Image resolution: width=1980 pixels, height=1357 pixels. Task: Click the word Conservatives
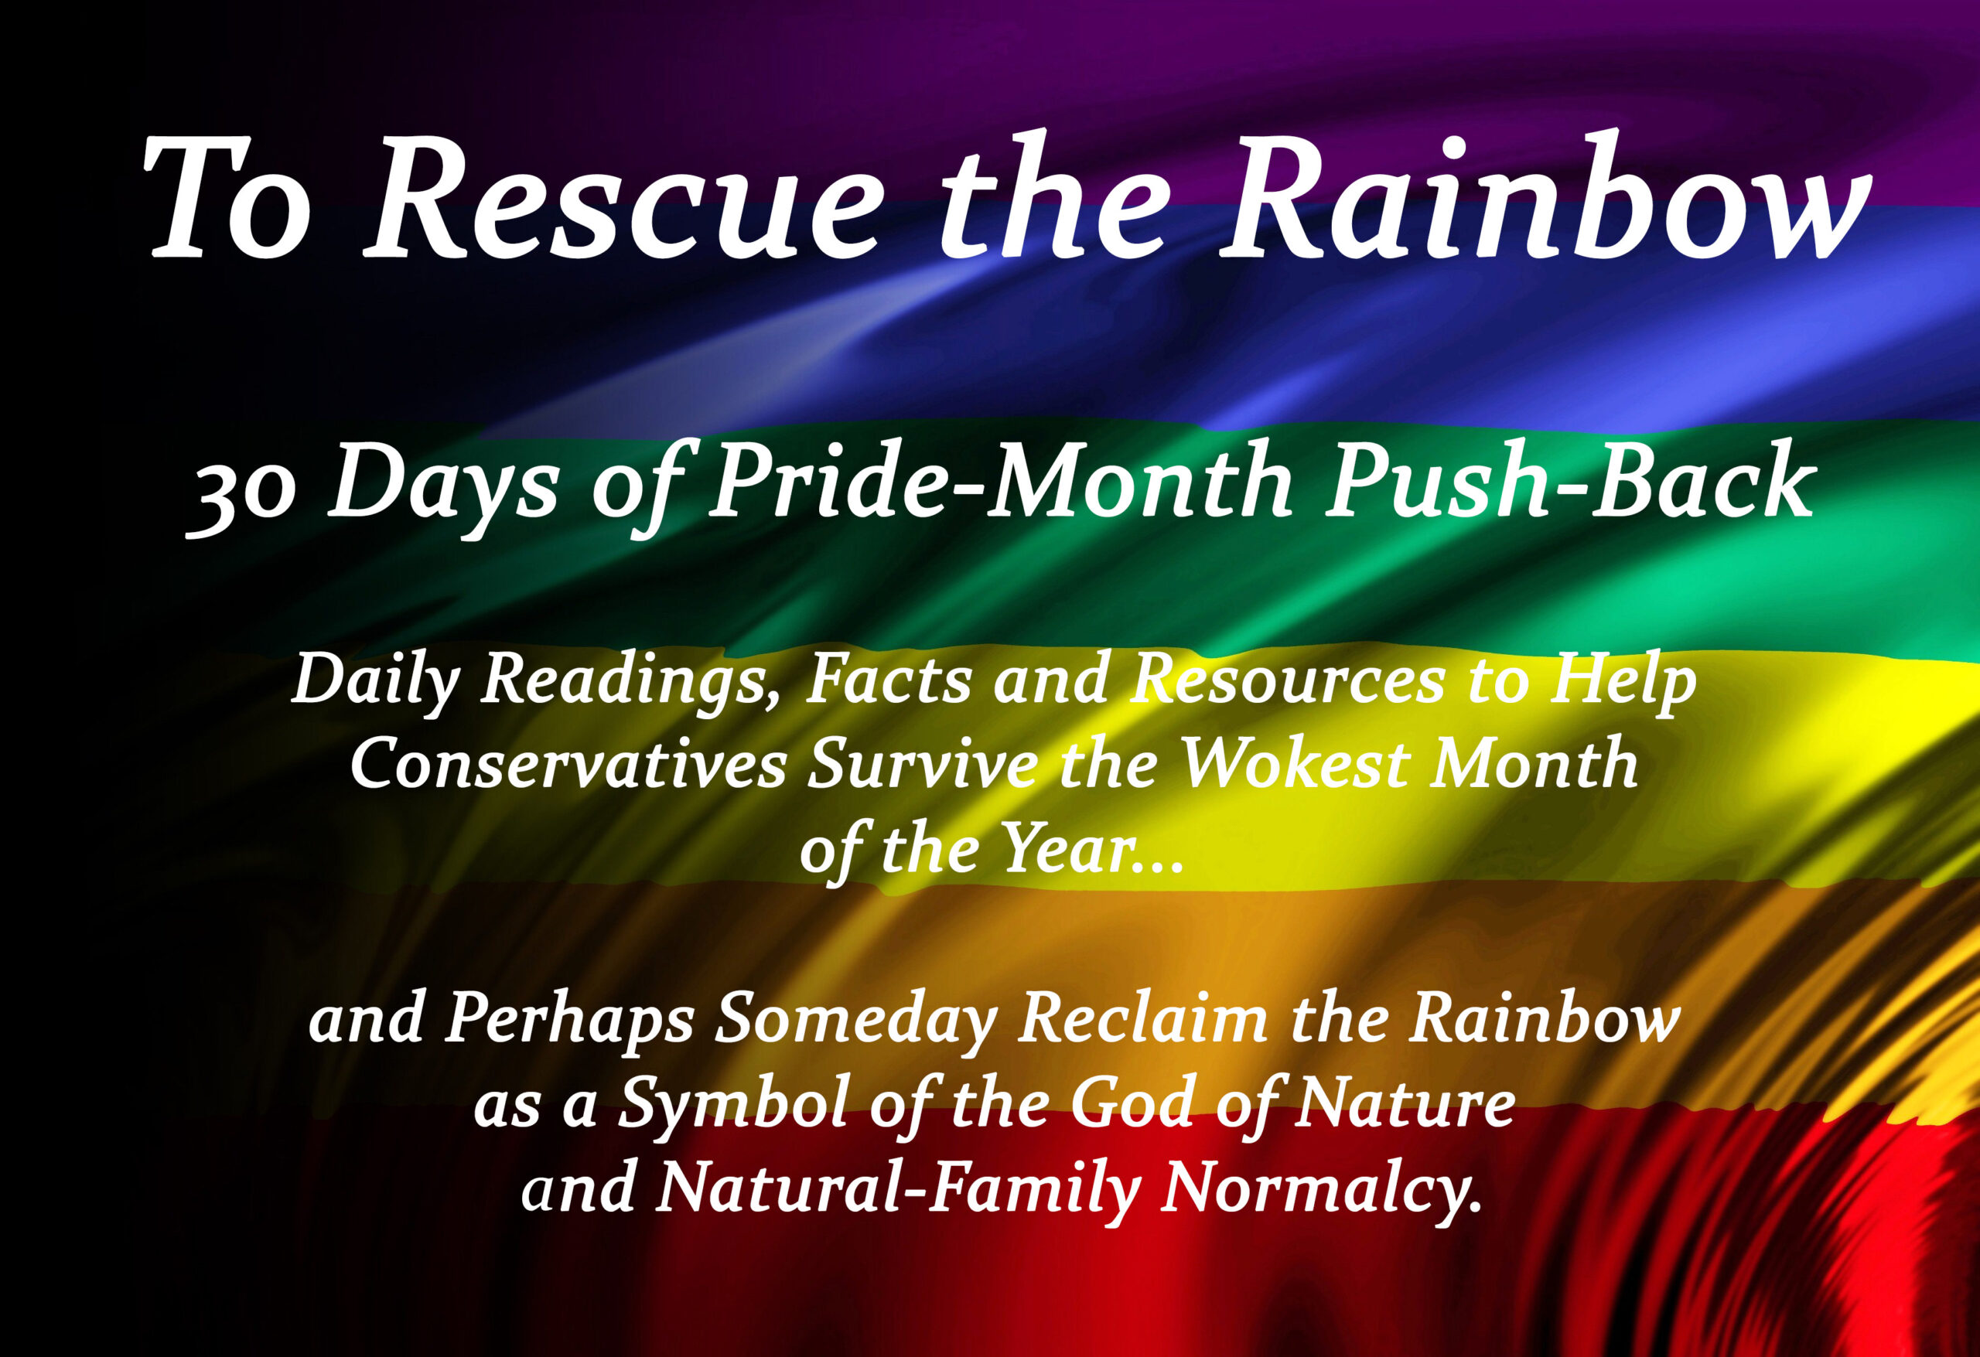pyautogui.click(x=568, y=763)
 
